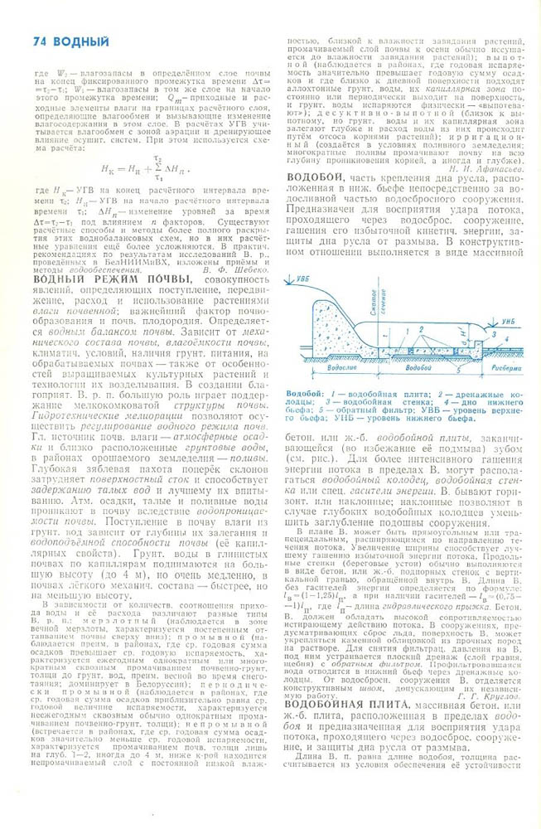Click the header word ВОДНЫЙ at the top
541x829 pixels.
[x=80, y=41]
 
